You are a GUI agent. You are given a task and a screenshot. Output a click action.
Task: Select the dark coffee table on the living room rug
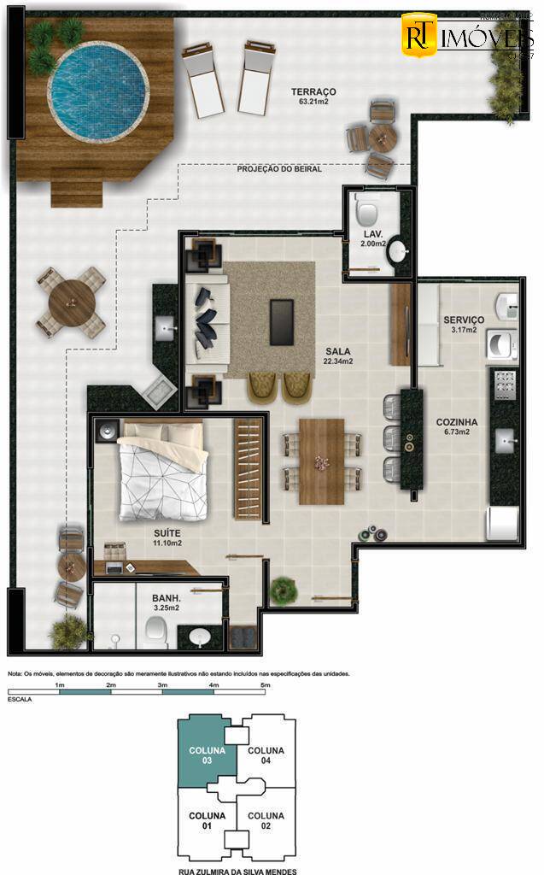coord(282,321)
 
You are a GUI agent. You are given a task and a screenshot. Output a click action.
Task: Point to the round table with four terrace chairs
coord(71,302)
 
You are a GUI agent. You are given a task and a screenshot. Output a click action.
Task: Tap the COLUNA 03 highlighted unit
coord(208,755)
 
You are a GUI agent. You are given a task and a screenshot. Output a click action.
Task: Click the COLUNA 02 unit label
coord(266,821)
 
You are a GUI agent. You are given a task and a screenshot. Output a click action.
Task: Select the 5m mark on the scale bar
coord(265,685)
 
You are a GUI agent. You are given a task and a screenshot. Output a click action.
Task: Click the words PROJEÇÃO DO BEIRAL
coord(279,170)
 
